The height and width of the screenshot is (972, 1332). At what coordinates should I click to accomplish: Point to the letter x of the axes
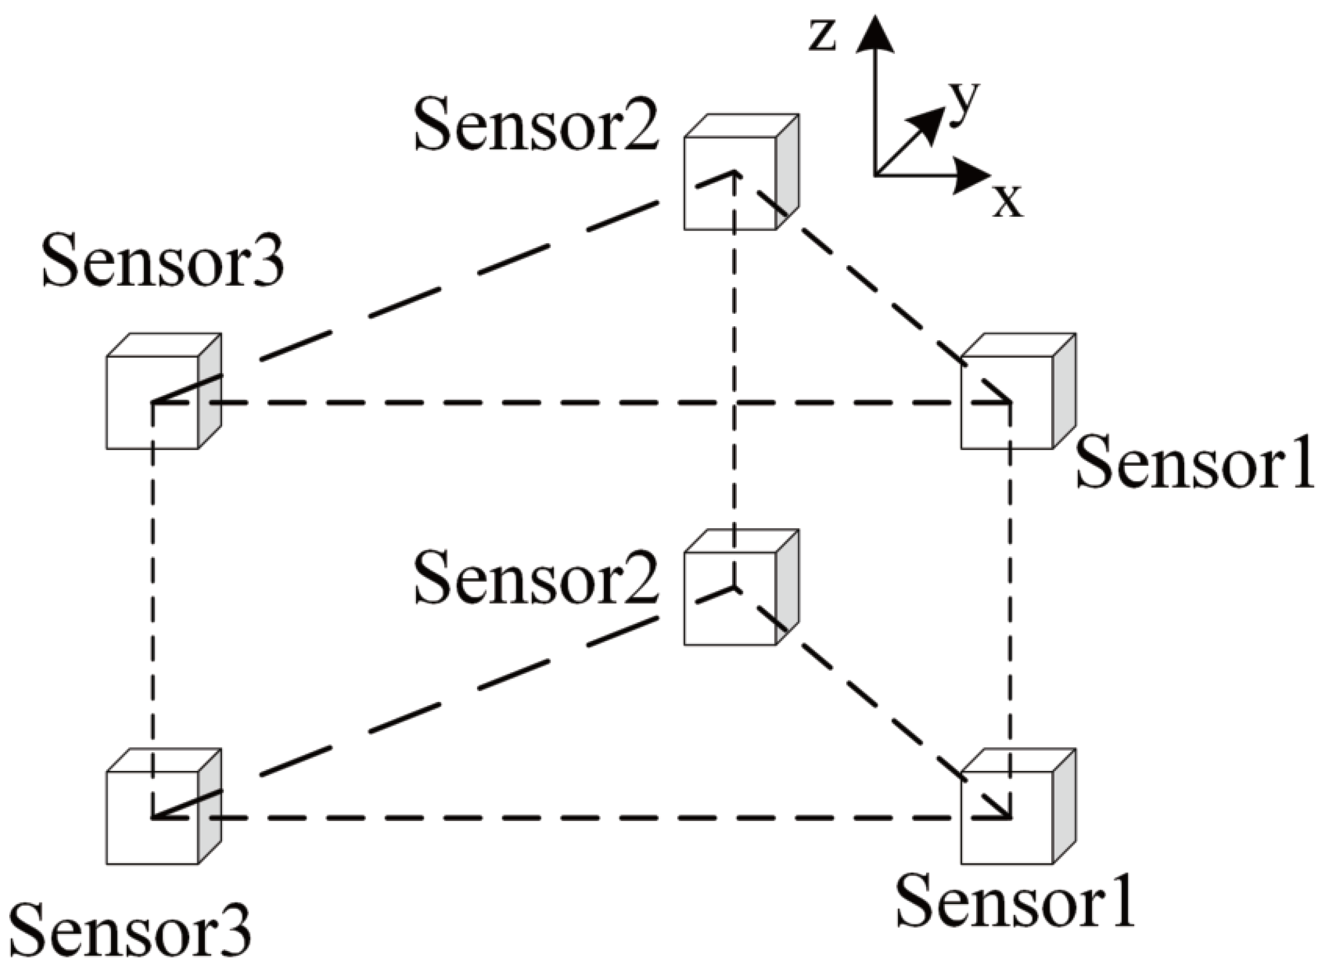[x=1008, y=202]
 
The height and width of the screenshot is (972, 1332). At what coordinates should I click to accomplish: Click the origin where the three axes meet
[x=875, y=175]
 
